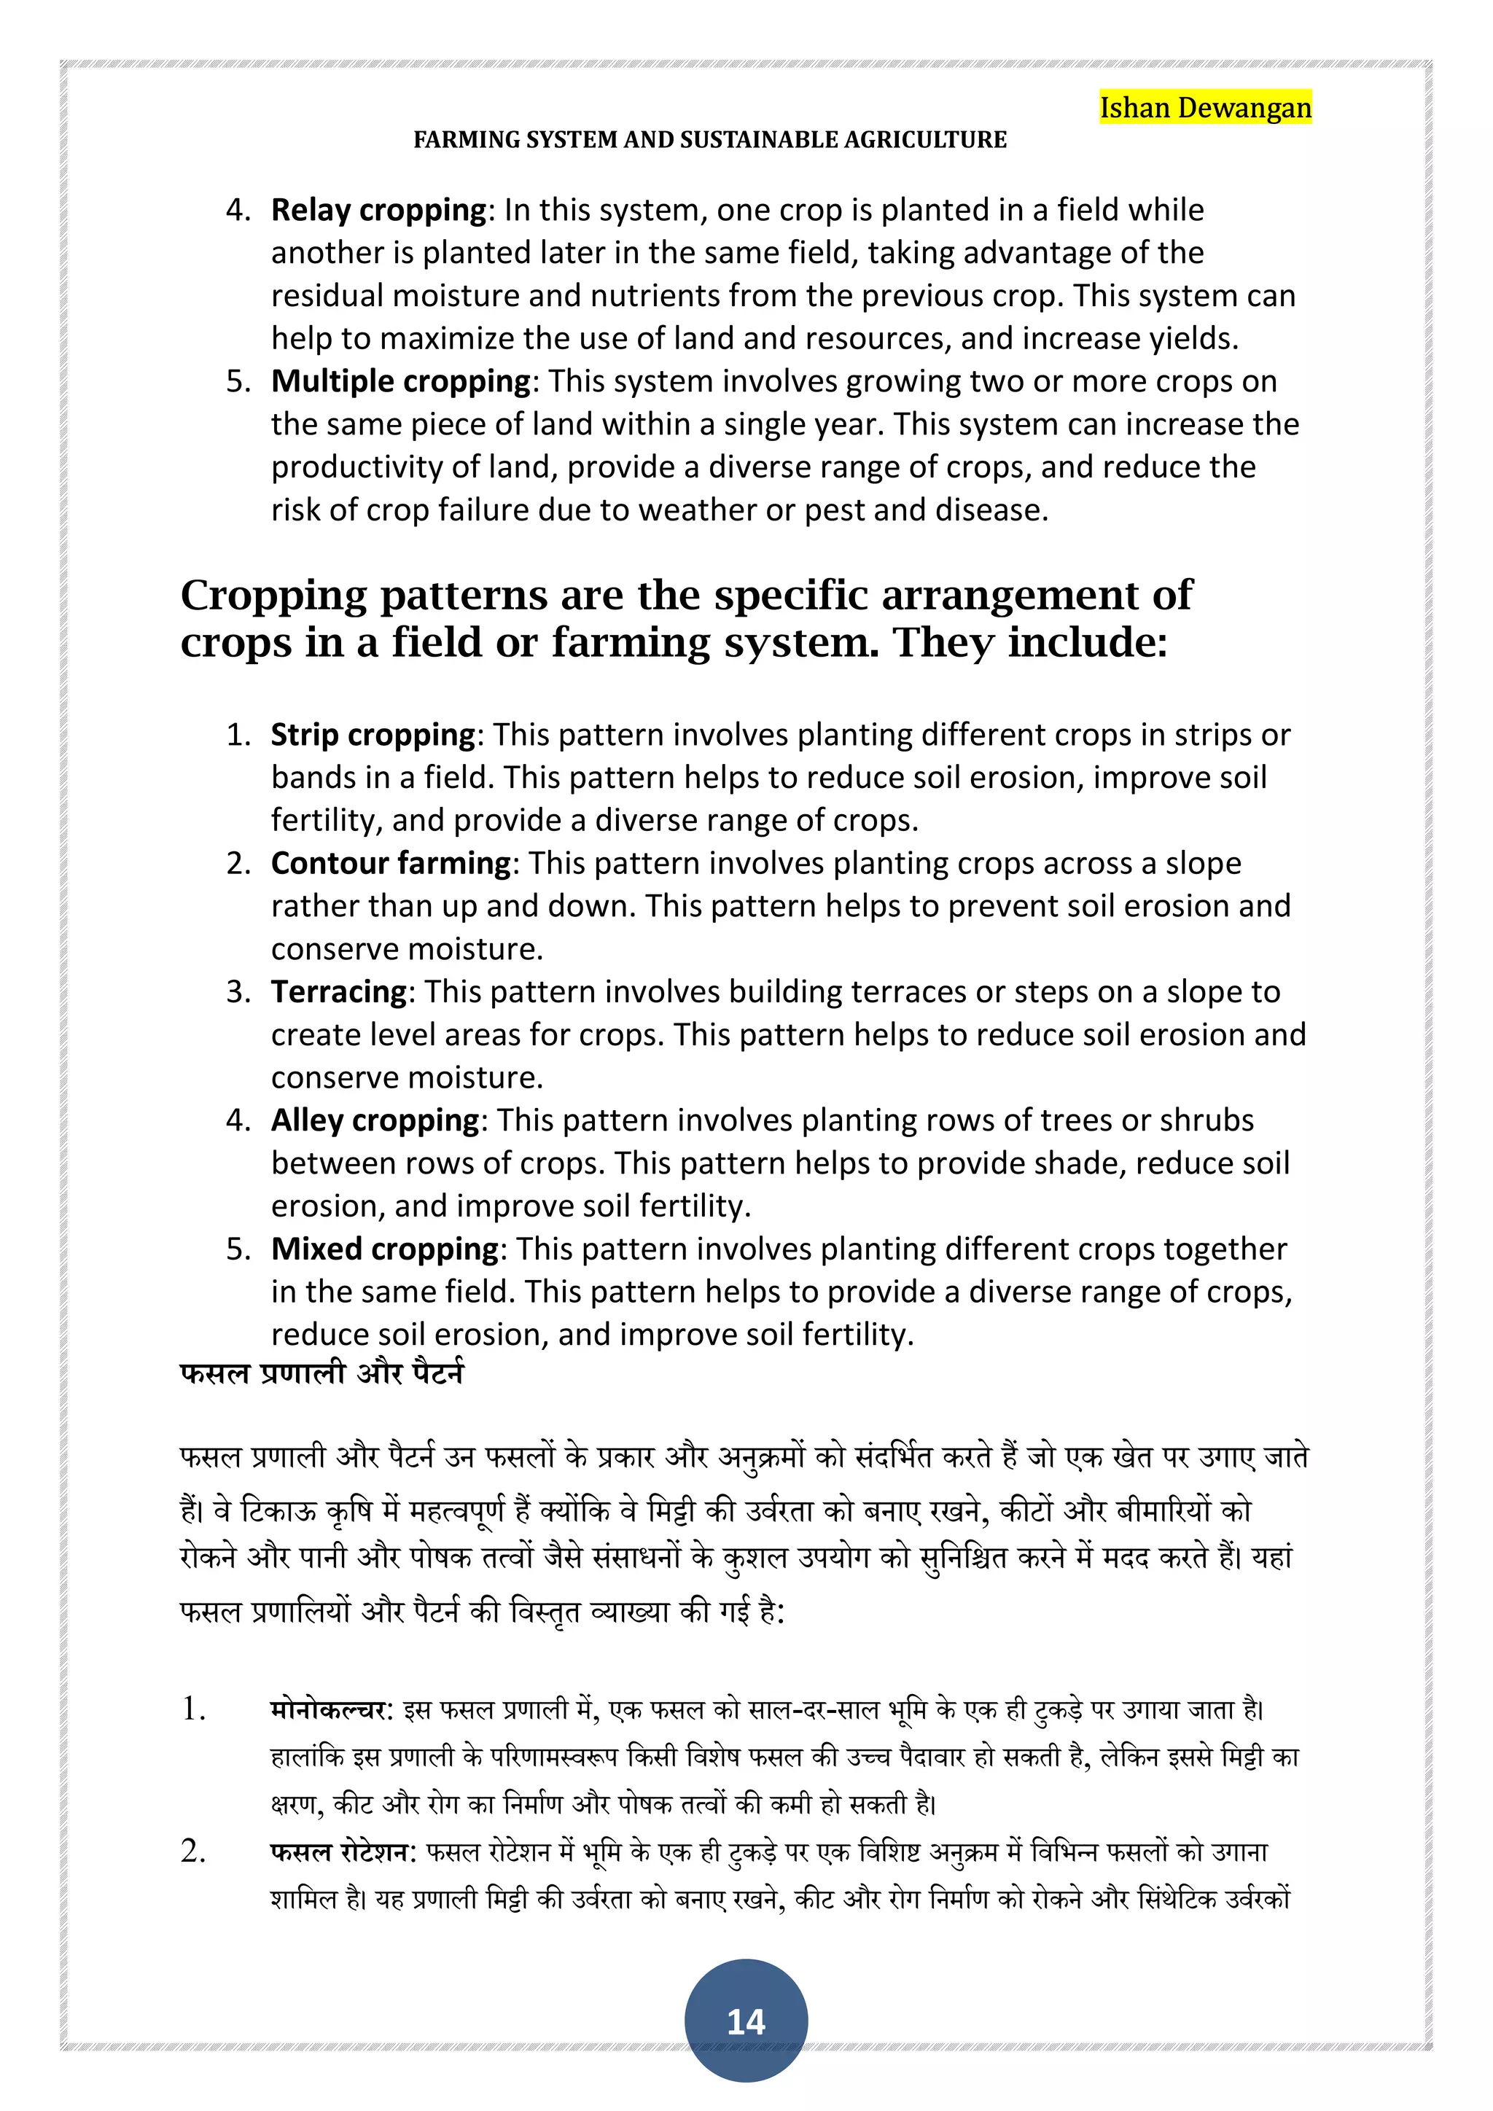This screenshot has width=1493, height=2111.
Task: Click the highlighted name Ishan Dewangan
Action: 1204,108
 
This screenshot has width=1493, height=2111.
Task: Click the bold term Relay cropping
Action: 378,211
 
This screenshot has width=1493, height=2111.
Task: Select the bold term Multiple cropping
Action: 401,381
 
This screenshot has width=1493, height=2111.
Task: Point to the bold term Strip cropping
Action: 373,735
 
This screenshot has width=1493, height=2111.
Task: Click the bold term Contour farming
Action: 391,863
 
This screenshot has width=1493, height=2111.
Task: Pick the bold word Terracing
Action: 338,992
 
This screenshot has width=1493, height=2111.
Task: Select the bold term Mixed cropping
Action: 384,1249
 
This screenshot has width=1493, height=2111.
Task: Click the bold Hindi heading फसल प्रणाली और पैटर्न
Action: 321,1373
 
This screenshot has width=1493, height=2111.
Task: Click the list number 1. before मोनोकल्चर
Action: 193,1709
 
